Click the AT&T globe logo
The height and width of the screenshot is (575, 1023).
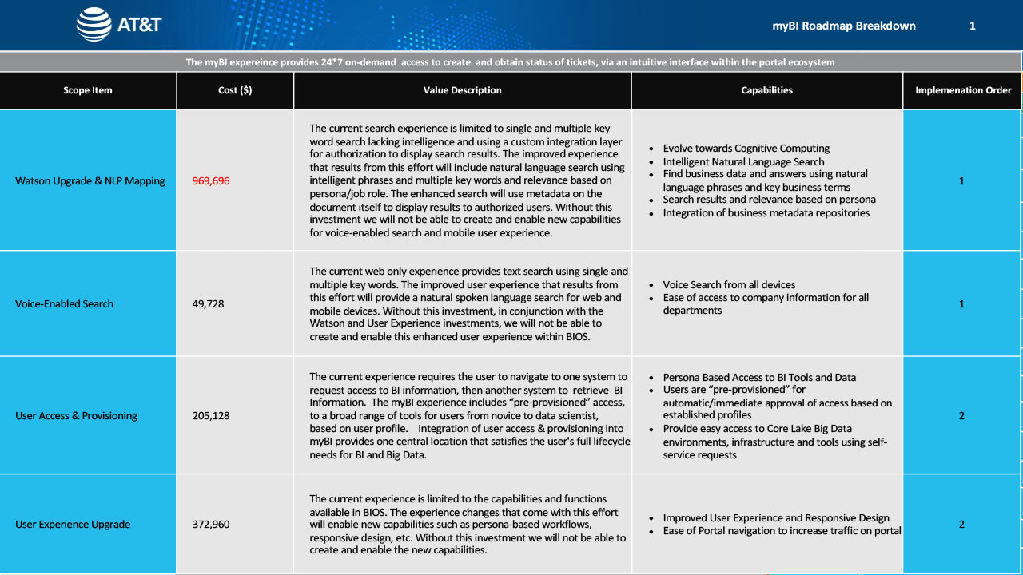pyautogui.click(x=94, y=25)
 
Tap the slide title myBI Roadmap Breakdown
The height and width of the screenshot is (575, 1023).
pyautogui.click(x=844, y=26)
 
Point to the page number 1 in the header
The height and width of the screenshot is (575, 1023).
pyautogui.click(x=973, y=26)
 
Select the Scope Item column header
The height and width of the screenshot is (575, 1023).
pyautogui.click(x=88, y=90)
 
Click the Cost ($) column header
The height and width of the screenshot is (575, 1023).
pyautogui.click(x=235, y=90)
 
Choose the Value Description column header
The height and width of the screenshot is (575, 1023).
pyautogui.click(x=463, y=90)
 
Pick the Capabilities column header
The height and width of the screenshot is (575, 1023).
pyautogui.click(x=767, y=90)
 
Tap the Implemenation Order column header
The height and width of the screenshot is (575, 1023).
pyautogui.click(x=963, y=90)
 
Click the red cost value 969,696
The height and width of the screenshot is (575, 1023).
pyautogui.click(x=211, y=181)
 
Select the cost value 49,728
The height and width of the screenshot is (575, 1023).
pyautogui.click(x=209, y=304)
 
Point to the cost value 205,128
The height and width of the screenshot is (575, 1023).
pyautogui.click(x=211, y=416)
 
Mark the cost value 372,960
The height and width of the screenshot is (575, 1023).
pyautogui.click(x=211, y=525)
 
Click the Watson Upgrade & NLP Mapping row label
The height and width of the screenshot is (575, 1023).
pyautogui.click(x=90, y=181)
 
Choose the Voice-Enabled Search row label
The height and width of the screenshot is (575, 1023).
pyautogui.click(x=65, y=304)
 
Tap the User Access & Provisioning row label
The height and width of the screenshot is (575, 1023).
pyautogui.click(x=77, y=416)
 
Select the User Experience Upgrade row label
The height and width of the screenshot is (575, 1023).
pyautogui.click(x=73, y=525)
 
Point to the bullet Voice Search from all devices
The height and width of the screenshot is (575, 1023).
pyautogui.click(x=729, y=285)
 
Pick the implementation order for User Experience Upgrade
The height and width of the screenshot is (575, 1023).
pyautogui.click(x=961, y=525)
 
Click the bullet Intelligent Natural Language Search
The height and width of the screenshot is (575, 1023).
pyautogui.click(x=743, y=161)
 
